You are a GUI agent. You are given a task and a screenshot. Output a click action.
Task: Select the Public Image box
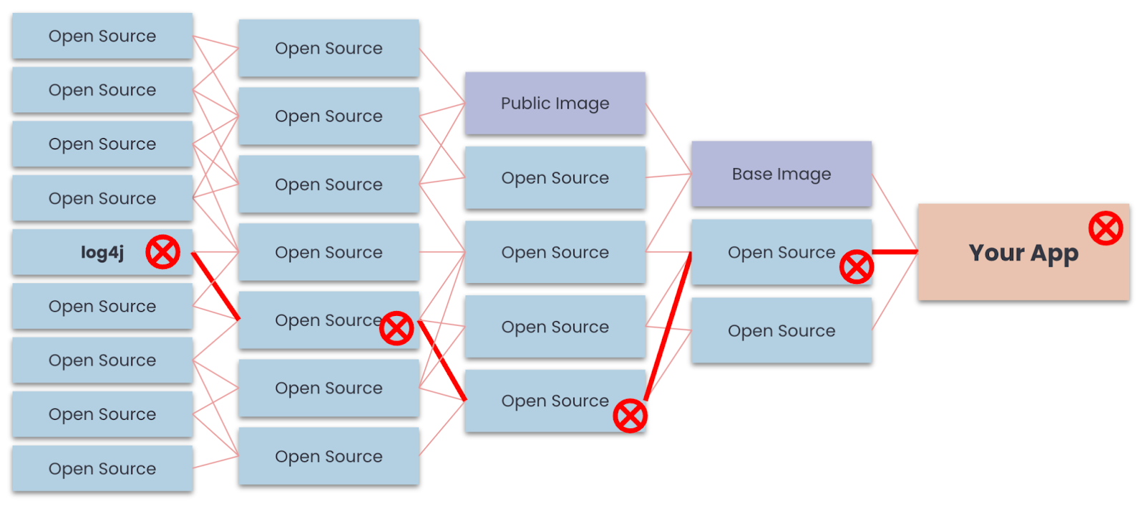(x=555, y=103)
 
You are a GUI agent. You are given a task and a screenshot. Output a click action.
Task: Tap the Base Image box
(x=781, y=174)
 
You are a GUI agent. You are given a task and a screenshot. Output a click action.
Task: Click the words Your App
(x=1023, y=253)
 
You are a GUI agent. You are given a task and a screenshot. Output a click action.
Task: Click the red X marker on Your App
(x=1106, y=228)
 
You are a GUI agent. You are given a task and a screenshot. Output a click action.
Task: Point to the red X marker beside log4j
(x=162, y=252)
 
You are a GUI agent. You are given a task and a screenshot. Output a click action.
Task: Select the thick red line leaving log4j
(x=215, y=285)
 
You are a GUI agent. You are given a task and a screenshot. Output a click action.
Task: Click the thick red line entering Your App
(x=895, y=252)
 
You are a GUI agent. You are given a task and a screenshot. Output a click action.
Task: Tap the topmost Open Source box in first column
(x=102, y=36)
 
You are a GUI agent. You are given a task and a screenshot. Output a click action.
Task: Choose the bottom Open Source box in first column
(x=102, y=468)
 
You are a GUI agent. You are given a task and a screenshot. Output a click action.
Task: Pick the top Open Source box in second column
(x=328, y=48)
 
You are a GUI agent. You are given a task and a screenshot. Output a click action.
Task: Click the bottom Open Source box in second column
(x=328, y=456)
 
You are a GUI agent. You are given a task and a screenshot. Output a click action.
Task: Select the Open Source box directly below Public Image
(x=555, y=177)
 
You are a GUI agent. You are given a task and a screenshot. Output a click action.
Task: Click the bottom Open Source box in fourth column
(x=781, y=330)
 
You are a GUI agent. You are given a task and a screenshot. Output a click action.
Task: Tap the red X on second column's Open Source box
(x=396, y=328)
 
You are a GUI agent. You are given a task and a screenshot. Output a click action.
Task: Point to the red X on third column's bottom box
(x=630, y=416)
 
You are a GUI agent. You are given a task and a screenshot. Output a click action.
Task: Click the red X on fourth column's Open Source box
(x=857, y=267)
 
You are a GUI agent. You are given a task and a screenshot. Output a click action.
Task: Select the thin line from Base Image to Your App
(x=895, y=212)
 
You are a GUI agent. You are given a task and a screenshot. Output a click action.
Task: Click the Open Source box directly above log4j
(x=102, y=198)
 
